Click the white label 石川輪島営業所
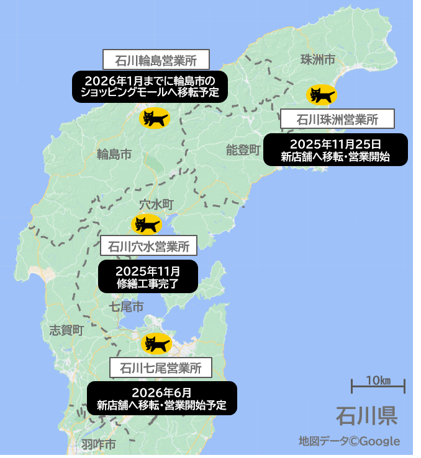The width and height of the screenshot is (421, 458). [x=156, y=60]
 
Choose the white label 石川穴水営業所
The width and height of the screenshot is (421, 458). [x=148, y=245]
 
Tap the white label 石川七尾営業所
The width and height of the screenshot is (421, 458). [x=160, y=367]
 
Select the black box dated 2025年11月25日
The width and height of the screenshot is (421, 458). [x=335, y=150]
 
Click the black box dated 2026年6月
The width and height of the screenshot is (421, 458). [x=161, y=399]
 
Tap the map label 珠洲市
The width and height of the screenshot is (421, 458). [x=317, y=59]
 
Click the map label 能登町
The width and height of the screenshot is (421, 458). [x=243, y=149]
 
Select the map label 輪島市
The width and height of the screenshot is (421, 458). [x=114, y=154]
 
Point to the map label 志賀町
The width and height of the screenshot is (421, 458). [x=65, y=330]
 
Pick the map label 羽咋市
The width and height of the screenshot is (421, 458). [x=98, y=444]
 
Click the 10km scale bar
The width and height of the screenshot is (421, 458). [x=378, y=385]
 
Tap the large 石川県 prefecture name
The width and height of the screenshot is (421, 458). [x=366, y=415]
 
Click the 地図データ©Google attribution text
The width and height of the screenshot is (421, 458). [x=349, y=441]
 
